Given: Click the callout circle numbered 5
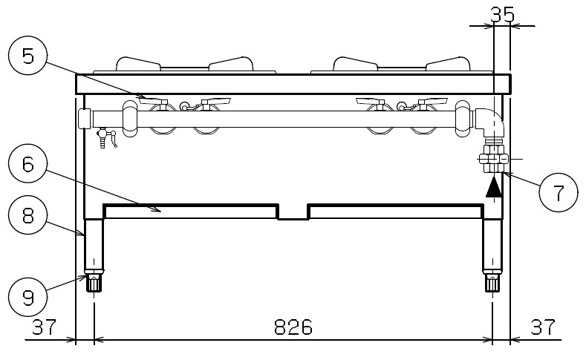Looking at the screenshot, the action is (28, 56).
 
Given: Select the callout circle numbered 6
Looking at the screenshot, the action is (28, 163).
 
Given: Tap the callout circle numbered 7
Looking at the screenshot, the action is (559, 192).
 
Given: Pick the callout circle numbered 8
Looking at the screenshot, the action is (28, 215).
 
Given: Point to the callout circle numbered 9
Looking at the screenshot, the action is (28, 297).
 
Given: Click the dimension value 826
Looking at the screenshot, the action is (293, 327).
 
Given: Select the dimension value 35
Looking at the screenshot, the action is (502, 15).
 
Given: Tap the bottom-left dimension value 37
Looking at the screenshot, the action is (44, 327).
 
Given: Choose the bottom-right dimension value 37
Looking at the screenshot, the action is (543, 327).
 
